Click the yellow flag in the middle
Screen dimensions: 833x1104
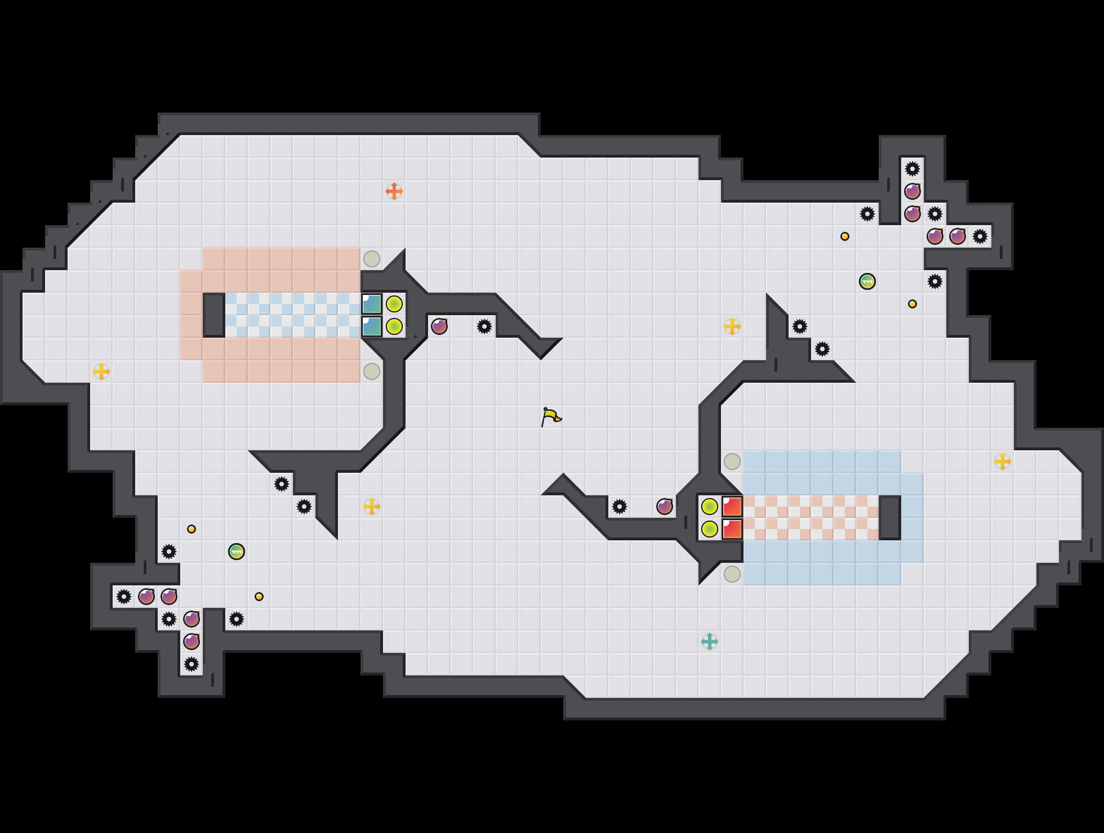click(551, 417)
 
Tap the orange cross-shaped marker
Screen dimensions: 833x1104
click(394, 191)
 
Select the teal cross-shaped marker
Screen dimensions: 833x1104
click(710, 642)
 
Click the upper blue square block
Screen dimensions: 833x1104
click(372, 304)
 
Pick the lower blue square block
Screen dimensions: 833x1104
click(372, 326)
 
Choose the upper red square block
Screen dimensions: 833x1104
click(732, 507)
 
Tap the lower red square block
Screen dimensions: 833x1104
click(732, 529)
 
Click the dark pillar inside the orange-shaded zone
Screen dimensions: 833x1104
click(214, 315)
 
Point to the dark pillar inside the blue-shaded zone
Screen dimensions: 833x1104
click(890, 518)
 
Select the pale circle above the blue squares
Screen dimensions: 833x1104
click(372, 259)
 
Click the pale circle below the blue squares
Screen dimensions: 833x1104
click(372, 371)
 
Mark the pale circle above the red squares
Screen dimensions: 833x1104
click(732, 462)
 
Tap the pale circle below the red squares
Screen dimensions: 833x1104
click(732, 574)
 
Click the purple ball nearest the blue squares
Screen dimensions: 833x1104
click(439, 326)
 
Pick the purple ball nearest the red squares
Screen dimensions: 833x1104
click(665, 507)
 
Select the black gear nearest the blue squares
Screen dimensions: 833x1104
click(484, 326)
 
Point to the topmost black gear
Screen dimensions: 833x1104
click(912, 169)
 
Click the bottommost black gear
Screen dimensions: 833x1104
click(192, 664)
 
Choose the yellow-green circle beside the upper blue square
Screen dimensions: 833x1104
click(394, 304)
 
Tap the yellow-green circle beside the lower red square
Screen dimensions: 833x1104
click(710, 529)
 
